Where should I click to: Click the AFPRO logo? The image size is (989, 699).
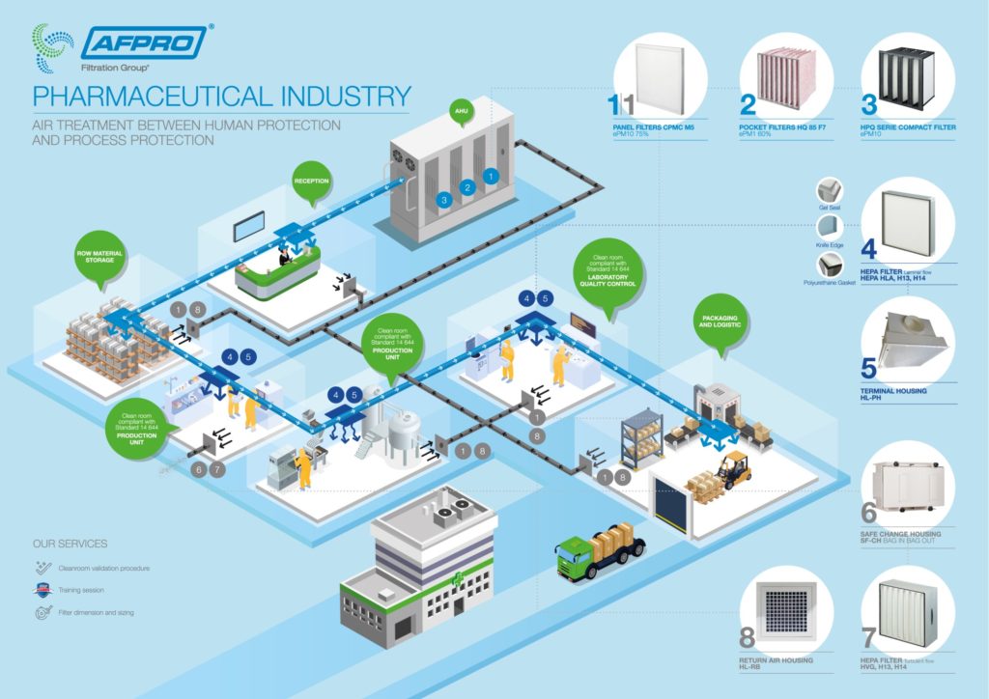point(144,42)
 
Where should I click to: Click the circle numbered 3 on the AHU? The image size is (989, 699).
point(444,200)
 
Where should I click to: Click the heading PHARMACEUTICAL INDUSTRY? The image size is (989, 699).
point(221,97)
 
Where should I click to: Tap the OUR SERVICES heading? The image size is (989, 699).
point(70,544)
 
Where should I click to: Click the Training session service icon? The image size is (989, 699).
point(39,589)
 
